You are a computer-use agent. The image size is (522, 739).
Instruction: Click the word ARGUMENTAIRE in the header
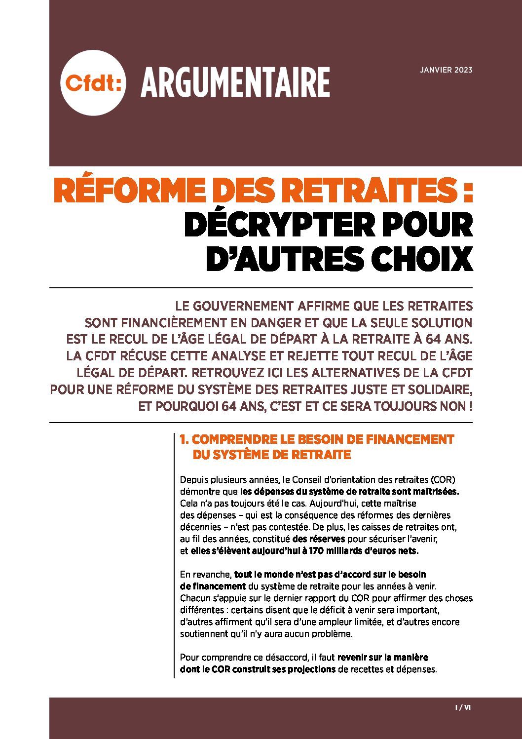point(235,82)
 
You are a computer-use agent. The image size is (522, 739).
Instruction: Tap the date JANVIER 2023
point(446,70)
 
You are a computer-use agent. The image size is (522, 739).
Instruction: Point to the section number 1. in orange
point(185,439)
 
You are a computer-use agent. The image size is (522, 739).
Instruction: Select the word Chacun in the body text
point(193,598)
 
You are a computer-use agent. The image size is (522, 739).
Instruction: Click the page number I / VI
point(462,707)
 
